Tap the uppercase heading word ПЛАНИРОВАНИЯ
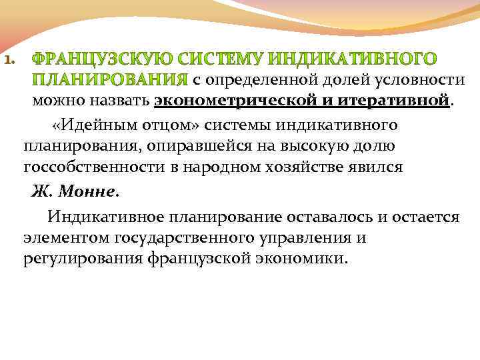111,81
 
